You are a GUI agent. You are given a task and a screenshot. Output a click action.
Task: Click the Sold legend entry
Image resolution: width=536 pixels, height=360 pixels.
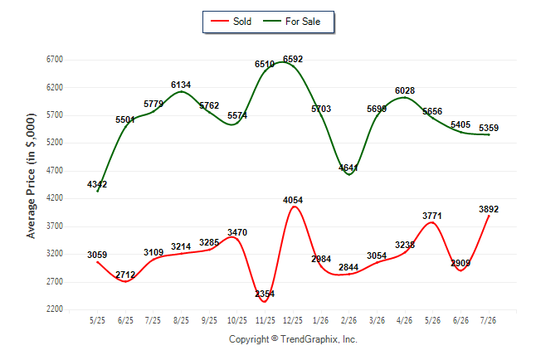pyautogui.click(x=231, y=22)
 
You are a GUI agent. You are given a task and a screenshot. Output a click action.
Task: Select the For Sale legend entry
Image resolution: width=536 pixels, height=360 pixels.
pyautogui.click(x=291, y=22)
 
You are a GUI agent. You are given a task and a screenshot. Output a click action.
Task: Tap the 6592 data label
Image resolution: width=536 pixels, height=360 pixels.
pyautogui.click(x=293, y=59)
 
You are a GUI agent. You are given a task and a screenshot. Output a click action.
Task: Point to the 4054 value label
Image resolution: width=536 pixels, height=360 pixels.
pyautogui.click(x=293, y=200)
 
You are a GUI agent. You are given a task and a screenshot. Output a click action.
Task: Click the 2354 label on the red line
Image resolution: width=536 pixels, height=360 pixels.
pyautogui.click(x=265, y=294)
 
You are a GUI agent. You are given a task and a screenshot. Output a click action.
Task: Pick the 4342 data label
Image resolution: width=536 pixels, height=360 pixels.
pyautogui.click(x=97, y=184)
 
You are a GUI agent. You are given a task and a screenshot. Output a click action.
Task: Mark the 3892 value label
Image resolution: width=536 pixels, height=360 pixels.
pyautogui.click(x=489, y=209)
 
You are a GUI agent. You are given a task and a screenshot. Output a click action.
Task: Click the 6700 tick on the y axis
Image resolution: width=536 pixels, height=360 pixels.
pyautogui.click(x=55, y=60)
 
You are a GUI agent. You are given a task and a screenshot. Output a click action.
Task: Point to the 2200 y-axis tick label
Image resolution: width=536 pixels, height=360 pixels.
pyautogui.click(x=55, y=309)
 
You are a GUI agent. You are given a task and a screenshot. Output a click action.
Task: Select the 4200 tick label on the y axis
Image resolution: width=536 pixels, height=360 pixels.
pyautogui.click(x=55, y=198)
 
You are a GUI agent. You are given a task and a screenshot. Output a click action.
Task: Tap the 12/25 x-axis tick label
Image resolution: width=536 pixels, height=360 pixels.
pyautogui.click(x=293, y=320)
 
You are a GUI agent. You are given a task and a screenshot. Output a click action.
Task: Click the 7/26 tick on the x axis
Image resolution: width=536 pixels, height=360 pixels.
pyautogui.click(x=488, y=320)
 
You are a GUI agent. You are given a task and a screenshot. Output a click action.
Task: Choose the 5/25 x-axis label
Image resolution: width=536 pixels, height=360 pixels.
pyautogui.click(x=97, y=320)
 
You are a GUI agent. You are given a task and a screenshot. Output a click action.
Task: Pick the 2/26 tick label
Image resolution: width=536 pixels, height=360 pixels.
pyautogui.click(x=348, y=320)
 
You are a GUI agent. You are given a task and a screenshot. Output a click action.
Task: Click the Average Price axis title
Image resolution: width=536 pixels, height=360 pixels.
pyautogui.click(x=31, y=176)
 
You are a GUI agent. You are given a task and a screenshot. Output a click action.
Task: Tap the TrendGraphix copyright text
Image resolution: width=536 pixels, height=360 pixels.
pyautogui.click(x=293, y=339)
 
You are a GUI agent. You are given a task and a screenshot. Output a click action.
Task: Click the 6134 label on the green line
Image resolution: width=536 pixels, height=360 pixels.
pyautogui.click(x=181, y=85)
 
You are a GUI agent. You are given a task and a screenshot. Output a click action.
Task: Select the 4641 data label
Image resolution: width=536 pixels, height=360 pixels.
pyautogui.click(x=348, y=168)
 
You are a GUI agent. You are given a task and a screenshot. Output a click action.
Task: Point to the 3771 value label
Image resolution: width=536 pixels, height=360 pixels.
pyautogui.click(x=432, y=216)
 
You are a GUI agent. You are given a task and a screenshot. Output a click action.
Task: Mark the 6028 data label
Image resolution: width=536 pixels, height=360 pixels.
pyautogui.click(x=405, y=90)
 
